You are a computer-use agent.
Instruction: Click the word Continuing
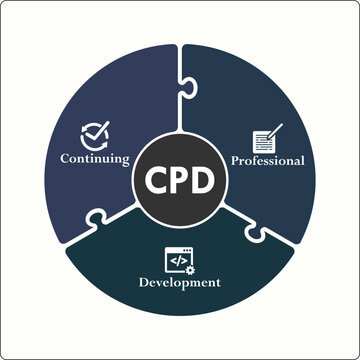coord(95,158)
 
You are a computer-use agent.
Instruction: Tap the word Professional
coord(267,160)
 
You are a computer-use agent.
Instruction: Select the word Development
coord(179,283)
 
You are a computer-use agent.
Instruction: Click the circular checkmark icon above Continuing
coord(93,134)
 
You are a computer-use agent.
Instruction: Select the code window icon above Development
coord(179,260)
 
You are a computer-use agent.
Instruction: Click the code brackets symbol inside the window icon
coord(177,260)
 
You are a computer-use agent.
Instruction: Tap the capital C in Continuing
coord(65,158)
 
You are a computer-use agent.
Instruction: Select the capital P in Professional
coord(236,160)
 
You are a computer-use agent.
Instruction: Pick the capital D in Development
coord(143,283)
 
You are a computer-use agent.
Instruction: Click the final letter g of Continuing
coord(126,160)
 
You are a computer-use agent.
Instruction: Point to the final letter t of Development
coord(217,283)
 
